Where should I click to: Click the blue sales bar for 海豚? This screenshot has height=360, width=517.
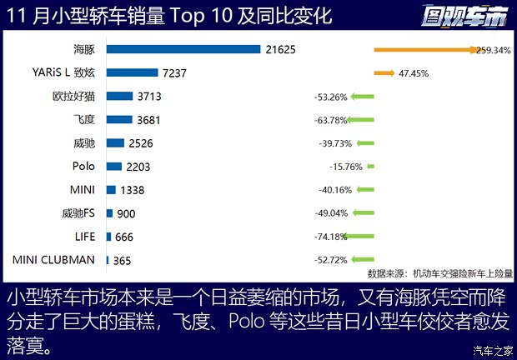(183, 49)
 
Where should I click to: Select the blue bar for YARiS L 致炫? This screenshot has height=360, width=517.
(132, 72)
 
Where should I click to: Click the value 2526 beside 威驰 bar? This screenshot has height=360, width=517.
(143, 143)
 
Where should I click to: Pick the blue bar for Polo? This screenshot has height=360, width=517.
(114, 167)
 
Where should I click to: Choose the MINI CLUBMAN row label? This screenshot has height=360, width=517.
(54, 260)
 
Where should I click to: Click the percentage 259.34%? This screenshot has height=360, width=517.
(493, 50)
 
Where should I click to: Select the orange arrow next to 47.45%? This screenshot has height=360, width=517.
(384, 73)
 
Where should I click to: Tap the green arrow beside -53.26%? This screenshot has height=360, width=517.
(361, 97)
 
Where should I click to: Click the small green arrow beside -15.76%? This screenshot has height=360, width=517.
(370, 167)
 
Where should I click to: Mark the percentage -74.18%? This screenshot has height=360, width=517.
(331, 237)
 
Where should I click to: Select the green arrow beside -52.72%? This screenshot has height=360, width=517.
(362, 260)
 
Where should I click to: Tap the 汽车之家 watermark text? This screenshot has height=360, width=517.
(492, 349)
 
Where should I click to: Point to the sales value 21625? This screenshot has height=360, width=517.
(284, 50)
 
